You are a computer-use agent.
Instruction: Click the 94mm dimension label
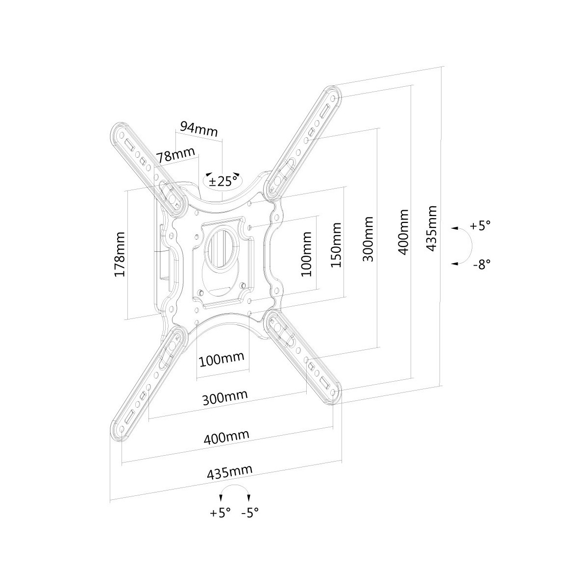coord(198,129)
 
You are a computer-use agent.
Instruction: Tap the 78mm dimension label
coord(175,156)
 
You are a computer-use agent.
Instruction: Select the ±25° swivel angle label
coord(223,182)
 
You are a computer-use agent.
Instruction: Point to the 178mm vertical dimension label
coord(119,254)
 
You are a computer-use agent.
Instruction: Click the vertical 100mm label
coord(306,254)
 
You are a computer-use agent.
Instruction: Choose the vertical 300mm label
coord(368,239)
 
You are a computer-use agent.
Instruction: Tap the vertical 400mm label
coord(403,232)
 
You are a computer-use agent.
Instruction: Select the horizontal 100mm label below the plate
coord(221,360)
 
